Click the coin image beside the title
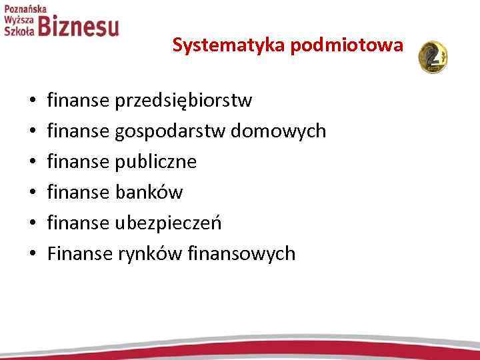point(433,56)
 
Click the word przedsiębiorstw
point(183,101)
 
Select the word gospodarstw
point(171,131)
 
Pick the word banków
point(149,192)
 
